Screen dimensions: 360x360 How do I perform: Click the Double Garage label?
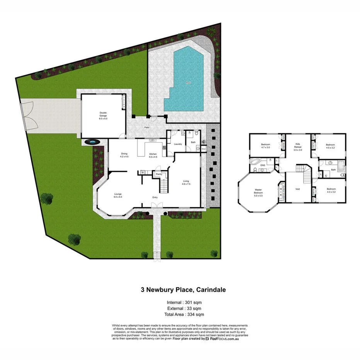(103, 114)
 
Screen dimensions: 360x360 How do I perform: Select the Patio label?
(147, 127)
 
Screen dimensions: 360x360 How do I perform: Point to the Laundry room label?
(178, 144)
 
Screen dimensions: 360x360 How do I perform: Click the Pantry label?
(158, 174)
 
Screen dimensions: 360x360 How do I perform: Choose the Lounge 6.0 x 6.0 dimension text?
(118, 197)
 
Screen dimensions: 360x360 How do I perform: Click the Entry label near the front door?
(155, 197)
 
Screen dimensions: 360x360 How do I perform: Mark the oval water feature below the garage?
(92, 142)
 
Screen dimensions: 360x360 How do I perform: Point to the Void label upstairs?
(297, 189)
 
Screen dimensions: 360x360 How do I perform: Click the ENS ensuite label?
(263, 165)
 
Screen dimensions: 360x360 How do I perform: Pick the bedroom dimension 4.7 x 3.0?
(265, 148)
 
